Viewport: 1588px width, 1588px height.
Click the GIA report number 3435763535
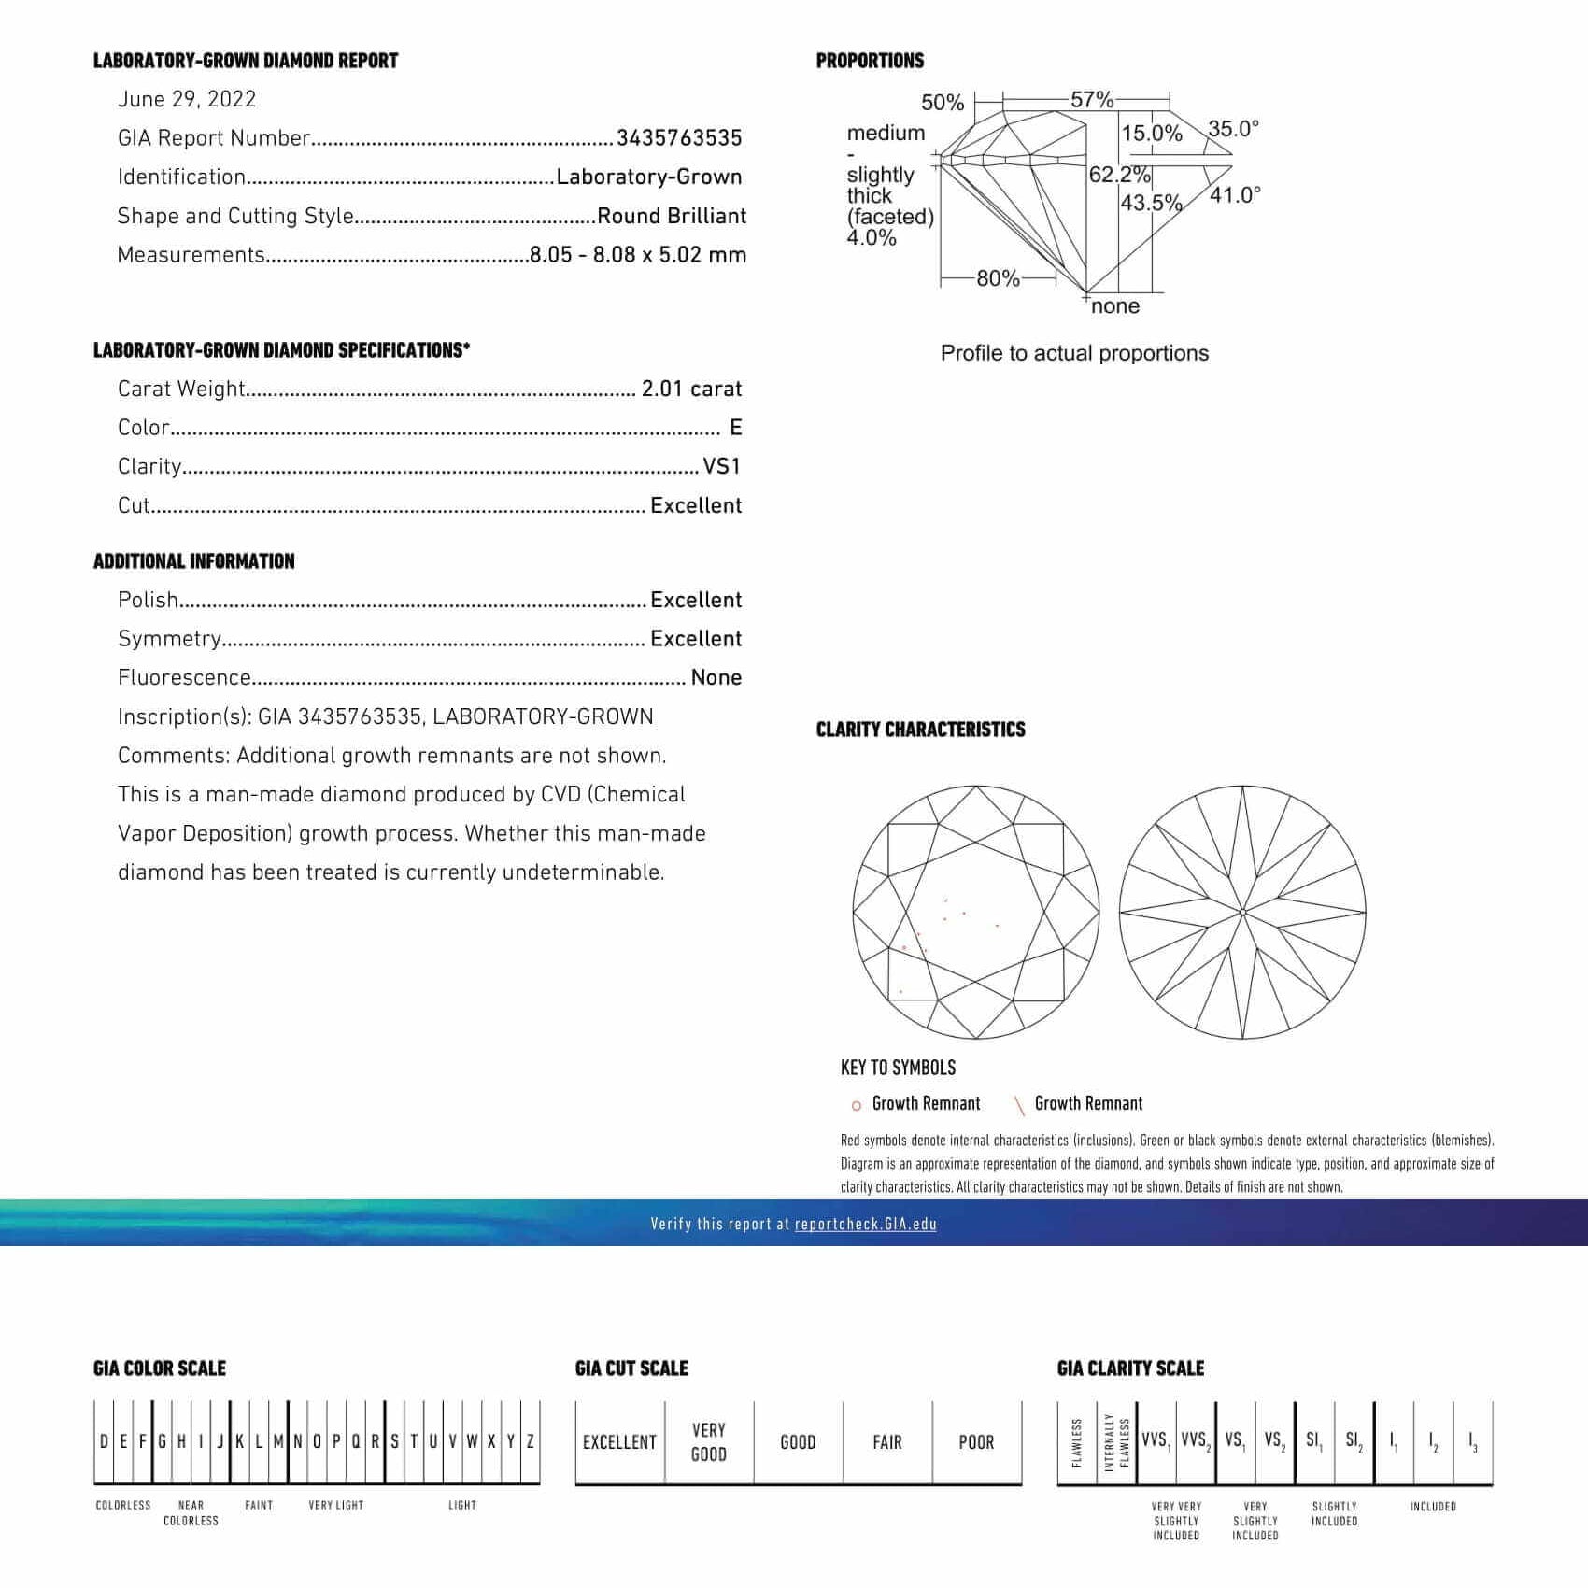click(x=679, y=138)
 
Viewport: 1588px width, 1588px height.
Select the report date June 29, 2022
click(x=187, y=100)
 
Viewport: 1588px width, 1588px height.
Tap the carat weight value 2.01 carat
click(x=691, y=389)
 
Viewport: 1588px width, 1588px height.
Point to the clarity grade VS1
click(x=722, y=466)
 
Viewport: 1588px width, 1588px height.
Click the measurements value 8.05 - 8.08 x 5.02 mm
click(x=638, y=255)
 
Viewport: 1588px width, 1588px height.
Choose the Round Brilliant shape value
click(x=672, y=216)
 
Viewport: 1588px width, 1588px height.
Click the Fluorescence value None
click(x=716, y=677)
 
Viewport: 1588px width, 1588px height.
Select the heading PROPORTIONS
click(x=870, y=61)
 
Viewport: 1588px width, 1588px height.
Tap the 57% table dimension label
click(x=1092, y=99)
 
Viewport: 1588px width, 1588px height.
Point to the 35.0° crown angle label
click(x=1233, y=128)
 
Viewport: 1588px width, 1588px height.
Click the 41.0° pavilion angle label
click(x=1235, y=195)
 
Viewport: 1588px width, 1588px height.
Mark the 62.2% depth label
click(x=1119, y=175)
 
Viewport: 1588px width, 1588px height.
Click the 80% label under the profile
click(x=998, y=278)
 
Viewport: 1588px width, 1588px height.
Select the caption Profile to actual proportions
click(x=1074, y=353)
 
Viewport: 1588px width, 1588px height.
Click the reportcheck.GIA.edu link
click(x=866, y=1224)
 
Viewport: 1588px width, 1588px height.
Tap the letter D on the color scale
click(x=104, y=1441)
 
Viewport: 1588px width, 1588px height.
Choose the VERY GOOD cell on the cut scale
click(x=709, y=1441)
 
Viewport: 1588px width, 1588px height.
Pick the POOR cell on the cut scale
click(x=976, y=1442)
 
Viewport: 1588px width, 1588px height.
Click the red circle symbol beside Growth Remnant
click(x=856, y=1106)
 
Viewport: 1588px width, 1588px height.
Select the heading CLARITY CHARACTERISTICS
click(x=920, y=730)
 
